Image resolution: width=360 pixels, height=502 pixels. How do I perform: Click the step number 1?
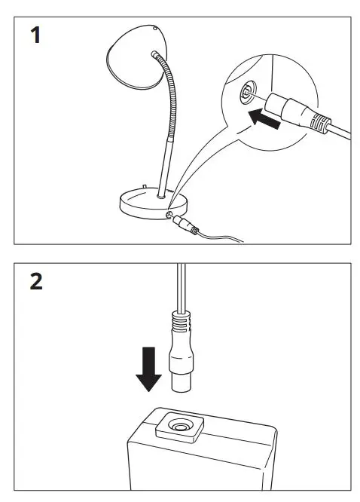(33, 35)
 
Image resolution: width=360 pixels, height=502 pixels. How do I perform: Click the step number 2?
(34, 284)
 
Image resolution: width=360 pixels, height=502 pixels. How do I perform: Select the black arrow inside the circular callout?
(269, 118)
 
